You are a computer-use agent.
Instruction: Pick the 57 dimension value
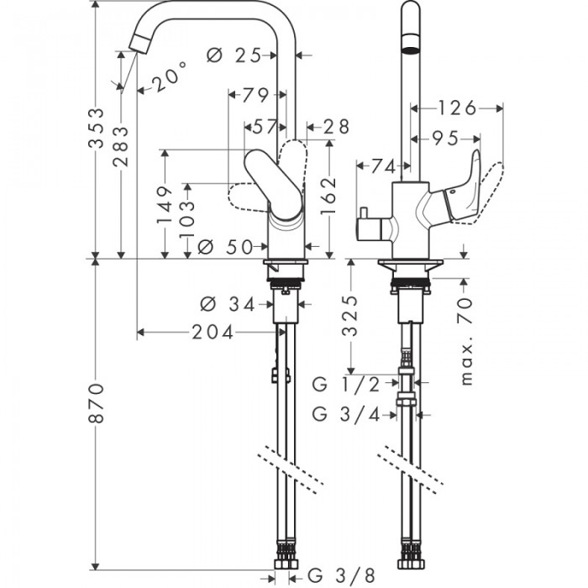(265, 127)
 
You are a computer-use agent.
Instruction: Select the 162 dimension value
(328, 195)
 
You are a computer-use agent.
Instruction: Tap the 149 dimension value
(165, 207)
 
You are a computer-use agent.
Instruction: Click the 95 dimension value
(448, 138)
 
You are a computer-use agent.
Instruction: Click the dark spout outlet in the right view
(410, 44)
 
